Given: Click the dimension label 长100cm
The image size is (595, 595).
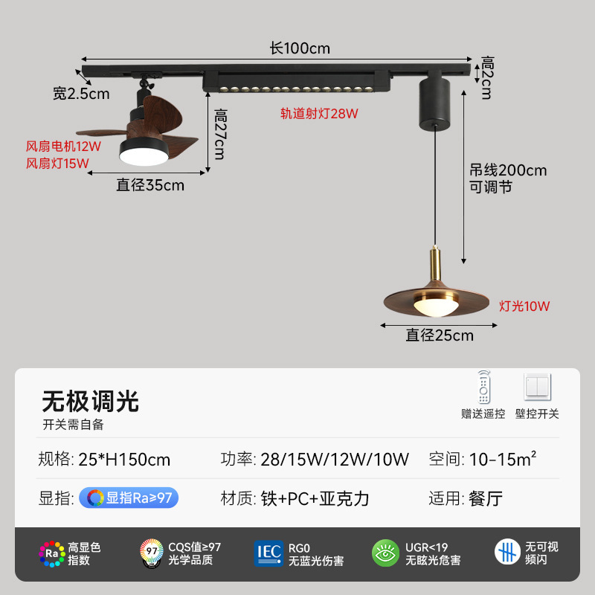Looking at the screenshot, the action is click(x=300, y=49).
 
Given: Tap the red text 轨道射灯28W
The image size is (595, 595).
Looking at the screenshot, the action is click(x=319, y=114).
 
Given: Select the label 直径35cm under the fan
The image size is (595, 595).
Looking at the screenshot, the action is click(x=150, y=185).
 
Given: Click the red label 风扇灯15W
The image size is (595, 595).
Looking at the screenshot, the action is click(x=58, y=163).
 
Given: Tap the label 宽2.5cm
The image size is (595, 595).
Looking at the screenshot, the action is click(x=81, y=94).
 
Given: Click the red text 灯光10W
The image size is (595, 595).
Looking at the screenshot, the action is click(x=524, y=306).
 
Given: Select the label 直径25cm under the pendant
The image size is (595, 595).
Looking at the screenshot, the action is click(x=440, y=335).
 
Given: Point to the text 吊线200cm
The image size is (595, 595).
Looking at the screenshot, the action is click(x=508, y=170).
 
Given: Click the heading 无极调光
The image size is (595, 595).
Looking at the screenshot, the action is click(x=90, y=402).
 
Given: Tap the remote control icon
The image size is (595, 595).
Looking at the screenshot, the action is click(x=484, y=387).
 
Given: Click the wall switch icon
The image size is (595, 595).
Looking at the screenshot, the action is click(x=538, y=387).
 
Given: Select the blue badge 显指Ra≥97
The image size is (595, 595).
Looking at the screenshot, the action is click(x=129, y=498).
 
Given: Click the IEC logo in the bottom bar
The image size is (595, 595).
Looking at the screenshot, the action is click(x=268, y=553).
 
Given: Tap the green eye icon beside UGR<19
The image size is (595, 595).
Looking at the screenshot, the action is click(x=386, y=553).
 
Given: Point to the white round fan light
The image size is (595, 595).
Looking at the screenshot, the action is click(x=143, y=155).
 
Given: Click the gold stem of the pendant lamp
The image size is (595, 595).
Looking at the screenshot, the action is click(x=436, y=263).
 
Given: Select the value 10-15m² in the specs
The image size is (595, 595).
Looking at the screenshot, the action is click(x=502, y=459).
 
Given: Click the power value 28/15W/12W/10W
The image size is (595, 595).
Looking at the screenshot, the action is click(x=335, y=459).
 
